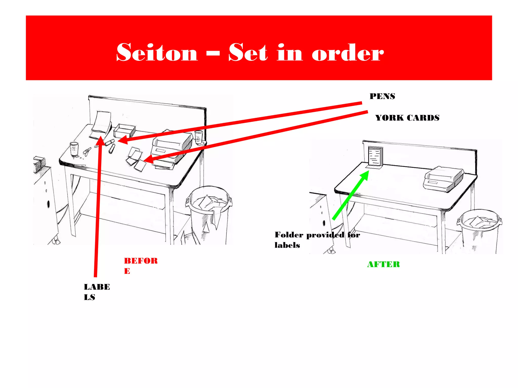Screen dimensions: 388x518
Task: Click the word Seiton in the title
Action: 157,53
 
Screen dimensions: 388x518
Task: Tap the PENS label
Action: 382,96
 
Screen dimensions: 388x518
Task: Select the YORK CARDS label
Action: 407,118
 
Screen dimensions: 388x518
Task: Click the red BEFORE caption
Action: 141,265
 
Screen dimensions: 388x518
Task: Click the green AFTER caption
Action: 383,264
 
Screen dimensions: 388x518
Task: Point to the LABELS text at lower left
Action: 97,292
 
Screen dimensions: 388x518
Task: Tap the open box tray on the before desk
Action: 124,131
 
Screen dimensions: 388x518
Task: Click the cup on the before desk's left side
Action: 74,149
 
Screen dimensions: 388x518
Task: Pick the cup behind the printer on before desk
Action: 199,137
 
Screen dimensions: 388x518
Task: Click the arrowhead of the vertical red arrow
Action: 101,140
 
